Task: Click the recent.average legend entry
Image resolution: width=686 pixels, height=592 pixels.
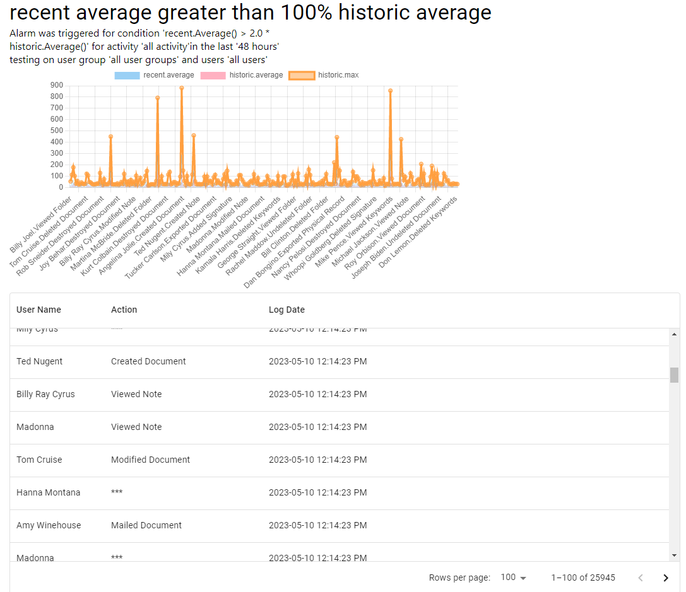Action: [155, 75]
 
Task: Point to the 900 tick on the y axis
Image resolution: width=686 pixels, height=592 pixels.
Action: [56, 85]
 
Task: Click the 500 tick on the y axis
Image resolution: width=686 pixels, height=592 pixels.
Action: [56, 131]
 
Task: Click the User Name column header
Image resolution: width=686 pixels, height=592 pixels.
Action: [38, 310]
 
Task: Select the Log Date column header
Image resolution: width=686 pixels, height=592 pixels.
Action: [287, 310]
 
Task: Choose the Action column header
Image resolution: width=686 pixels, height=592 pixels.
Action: [124, 310]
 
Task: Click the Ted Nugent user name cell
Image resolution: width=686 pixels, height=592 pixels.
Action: [39, 361]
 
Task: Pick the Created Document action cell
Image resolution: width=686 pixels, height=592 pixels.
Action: [148, 361]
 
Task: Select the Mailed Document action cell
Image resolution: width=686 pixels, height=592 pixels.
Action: [146, 525]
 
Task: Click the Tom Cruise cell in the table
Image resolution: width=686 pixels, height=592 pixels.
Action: [39, 460]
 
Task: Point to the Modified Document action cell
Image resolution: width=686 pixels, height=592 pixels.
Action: [150, 460]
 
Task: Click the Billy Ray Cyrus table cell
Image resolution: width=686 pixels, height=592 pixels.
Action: [45, 394]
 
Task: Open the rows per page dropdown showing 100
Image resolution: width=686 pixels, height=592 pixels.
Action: [513, 577]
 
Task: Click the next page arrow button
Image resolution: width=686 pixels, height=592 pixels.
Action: [665, 577]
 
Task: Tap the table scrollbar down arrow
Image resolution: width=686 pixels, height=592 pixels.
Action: [675, 555]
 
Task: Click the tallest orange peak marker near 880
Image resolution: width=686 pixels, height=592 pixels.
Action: [182, 88]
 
